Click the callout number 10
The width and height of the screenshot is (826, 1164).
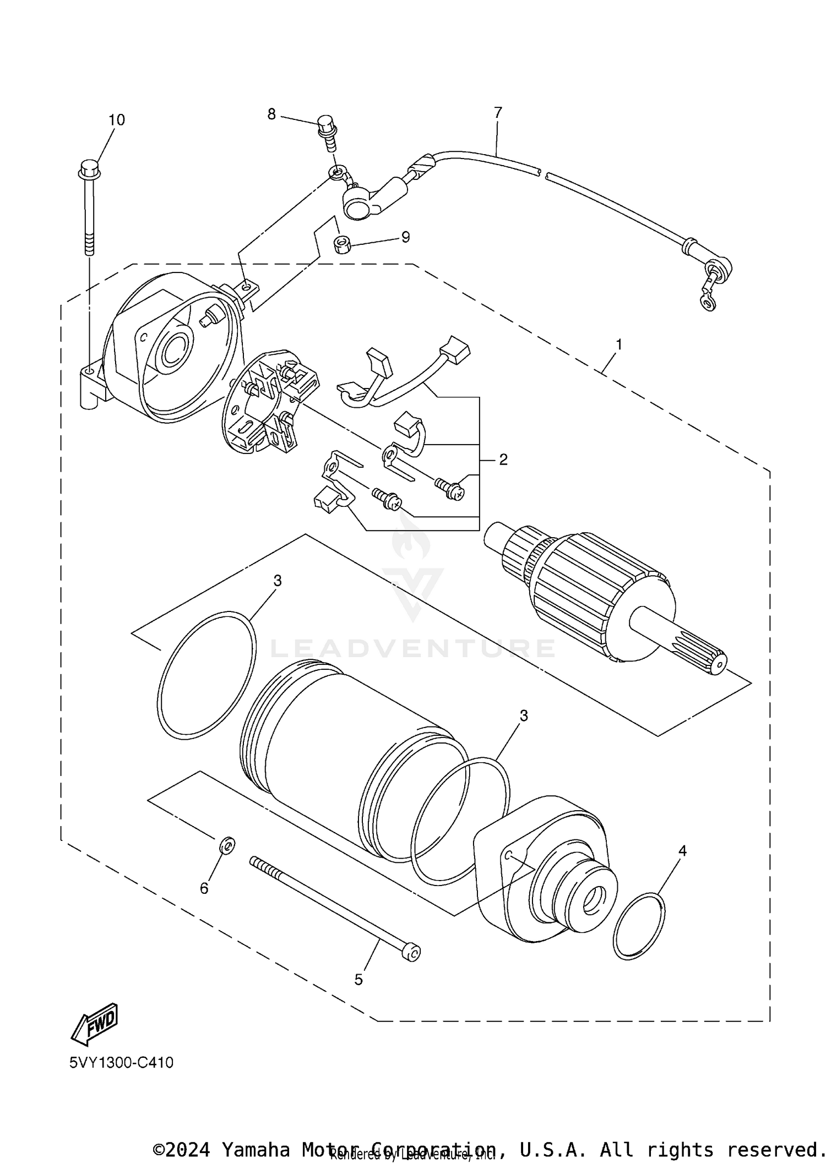pos(116,120)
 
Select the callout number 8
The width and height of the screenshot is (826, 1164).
pos(271,114)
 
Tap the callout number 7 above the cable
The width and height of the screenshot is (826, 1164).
pos(498,113)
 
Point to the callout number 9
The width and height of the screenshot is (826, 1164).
pos(405,237)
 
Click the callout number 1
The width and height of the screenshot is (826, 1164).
pos(619,345)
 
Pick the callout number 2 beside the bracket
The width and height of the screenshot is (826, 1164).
pos(503,460)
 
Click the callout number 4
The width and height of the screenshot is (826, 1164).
pos(682,851)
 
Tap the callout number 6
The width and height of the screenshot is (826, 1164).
pos(204,888)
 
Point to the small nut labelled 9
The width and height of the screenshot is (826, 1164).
pos(343,244)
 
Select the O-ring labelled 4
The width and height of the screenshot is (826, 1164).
pos(639,927)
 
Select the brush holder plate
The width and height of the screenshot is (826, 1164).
pos(270,401)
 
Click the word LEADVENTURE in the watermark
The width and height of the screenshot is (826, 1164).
pos(412,648)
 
